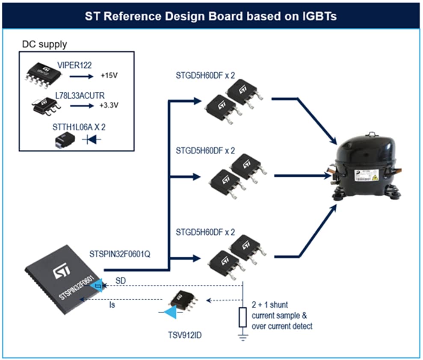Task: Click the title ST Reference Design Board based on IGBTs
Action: pos(211,16)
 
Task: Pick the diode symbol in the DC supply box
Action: pos(91,139)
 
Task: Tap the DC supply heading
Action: pos(44,44)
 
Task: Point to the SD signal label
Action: pos(121,280)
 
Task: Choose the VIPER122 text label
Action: pos(74,65)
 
